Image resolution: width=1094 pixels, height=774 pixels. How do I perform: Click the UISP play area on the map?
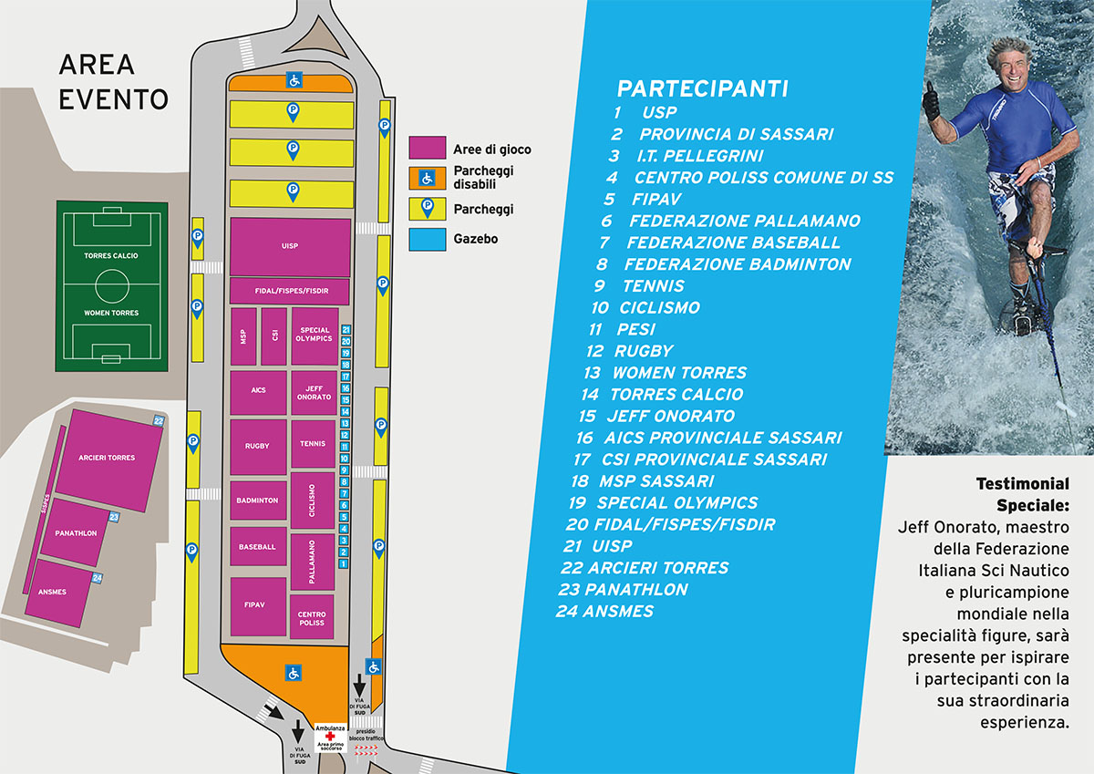[x=290, y=246]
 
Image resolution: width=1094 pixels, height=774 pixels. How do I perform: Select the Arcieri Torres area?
[x=108, y=458]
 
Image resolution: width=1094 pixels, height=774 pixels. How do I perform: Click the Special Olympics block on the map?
[x=314, y=335]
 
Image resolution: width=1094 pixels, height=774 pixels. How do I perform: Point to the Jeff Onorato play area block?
[x=314, y=393]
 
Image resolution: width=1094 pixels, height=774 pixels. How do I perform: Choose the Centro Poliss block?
[x=312, y=618]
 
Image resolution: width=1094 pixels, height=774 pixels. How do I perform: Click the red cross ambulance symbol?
[x=329, y=737]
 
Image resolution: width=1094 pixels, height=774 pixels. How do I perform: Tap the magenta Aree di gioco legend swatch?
[x=427, y=148]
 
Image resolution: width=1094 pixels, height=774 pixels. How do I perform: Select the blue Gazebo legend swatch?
[x=427, y=239]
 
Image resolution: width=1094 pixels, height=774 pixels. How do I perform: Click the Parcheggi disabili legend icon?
[x=427, y=178]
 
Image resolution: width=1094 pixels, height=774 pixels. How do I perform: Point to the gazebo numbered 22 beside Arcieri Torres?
[x=159, y=420]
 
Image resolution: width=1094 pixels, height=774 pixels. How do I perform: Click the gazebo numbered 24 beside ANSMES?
[x=97, y=578]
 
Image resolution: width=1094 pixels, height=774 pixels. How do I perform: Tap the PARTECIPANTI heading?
[x=702, y=88]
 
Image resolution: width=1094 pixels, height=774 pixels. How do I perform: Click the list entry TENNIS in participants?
[x=652, y=286]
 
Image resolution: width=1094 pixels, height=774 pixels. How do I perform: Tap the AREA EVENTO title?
[x=112, y=81]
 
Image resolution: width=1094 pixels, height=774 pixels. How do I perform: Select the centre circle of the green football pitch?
[x=111, y=284]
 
